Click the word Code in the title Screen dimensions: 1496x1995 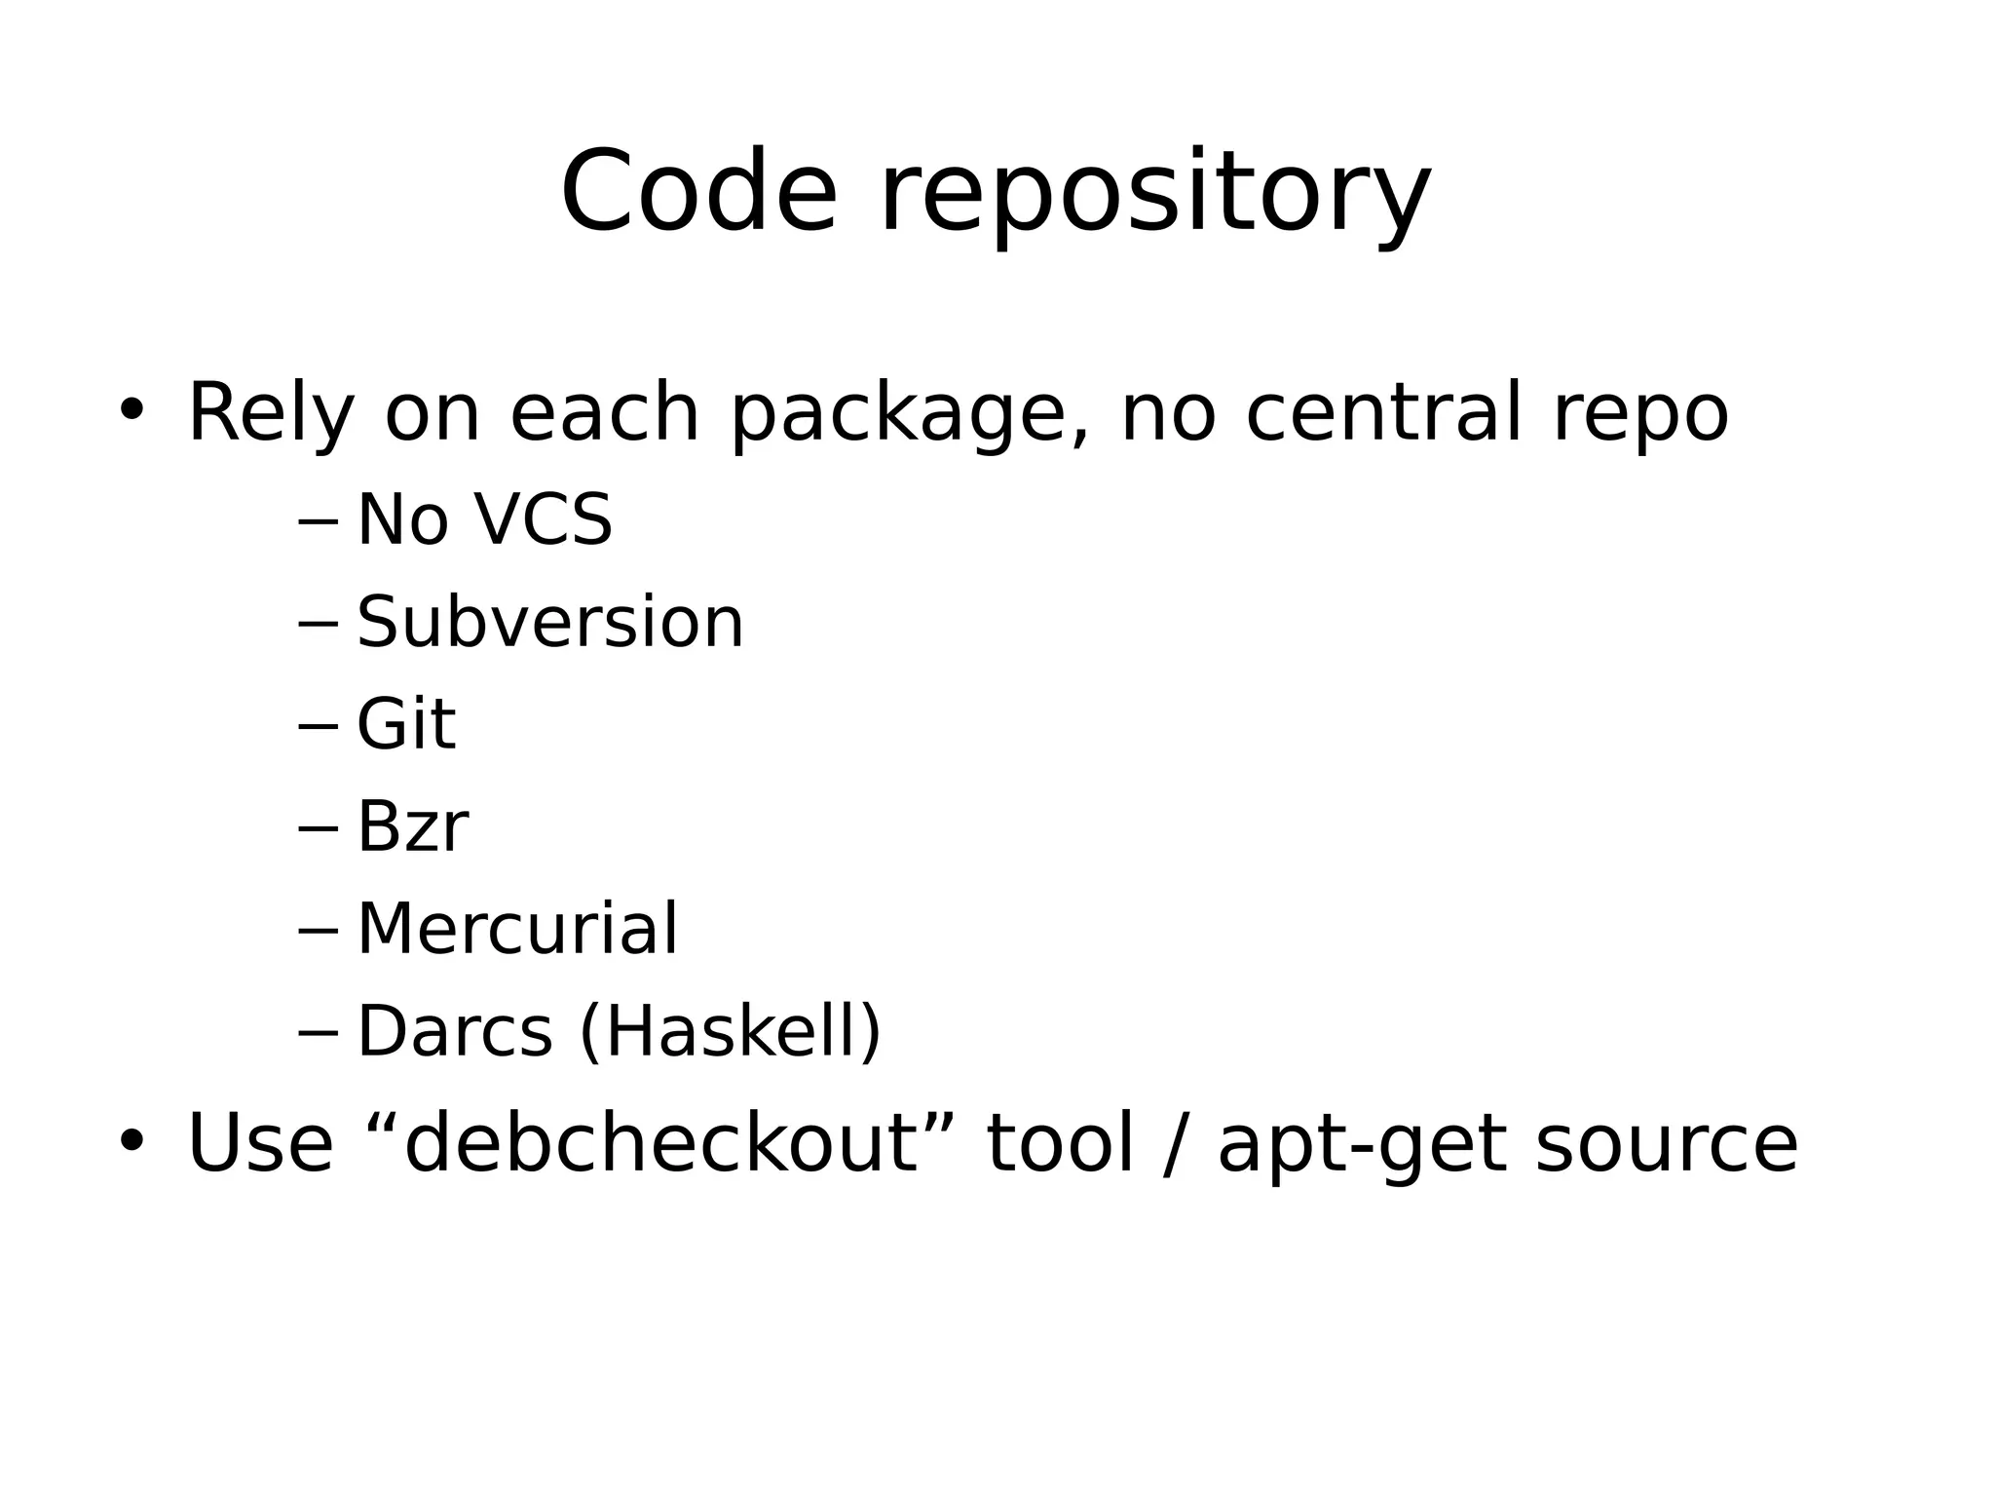coord(698,192)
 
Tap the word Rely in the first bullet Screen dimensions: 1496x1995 coord(270,414)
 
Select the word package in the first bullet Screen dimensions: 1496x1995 coord(897,416)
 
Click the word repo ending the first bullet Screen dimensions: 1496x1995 coord(1640,416)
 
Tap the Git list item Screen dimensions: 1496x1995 coord(405,724)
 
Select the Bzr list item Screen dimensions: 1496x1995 coord(412,826)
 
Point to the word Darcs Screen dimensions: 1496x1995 coord(454,1031)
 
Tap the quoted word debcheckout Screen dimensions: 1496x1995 coord(661,1143)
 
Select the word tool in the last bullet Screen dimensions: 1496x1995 coord(1060,1143)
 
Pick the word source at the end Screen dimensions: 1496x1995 coord(1667,1145)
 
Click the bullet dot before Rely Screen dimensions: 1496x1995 coord(131,409)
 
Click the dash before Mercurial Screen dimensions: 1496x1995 coord(318,931)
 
